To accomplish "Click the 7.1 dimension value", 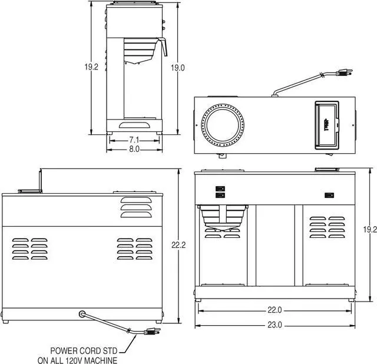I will [x=134, y=140].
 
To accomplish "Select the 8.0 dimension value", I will [x=134, y=150].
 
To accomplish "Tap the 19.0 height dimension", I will [x=177, y=68].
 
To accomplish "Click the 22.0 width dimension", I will [x=275, y=310].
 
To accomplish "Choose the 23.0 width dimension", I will [x=275, y=325].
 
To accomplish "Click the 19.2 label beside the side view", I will [x=91, y=68].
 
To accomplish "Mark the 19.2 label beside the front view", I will [x=369, y=230].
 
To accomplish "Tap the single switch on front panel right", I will [x=328, y=195].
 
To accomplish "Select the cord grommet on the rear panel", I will [x=81, y=313].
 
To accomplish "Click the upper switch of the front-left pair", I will [x=220, y=188].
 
